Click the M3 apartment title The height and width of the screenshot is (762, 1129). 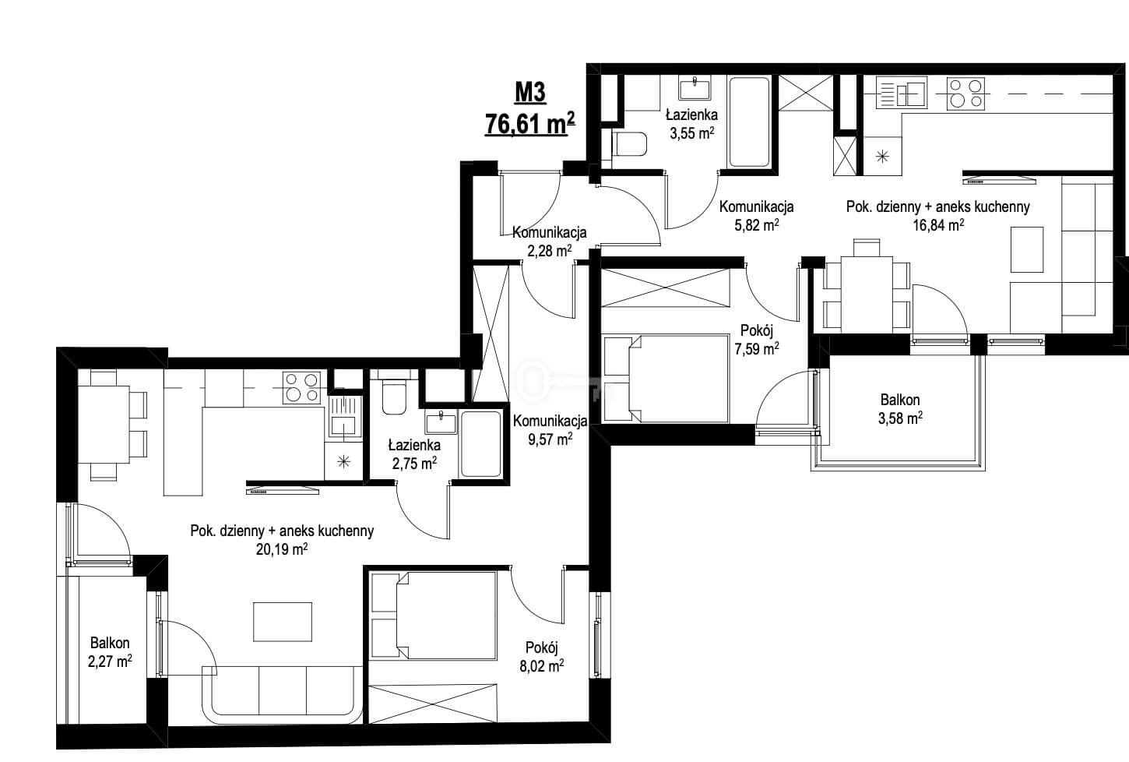tap(530, 92)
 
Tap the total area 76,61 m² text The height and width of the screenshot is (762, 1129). tap(529, 123)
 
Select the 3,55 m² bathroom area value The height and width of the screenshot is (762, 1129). tap(691, 133)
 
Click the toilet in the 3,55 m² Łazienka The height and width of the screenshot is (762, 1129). tap(629, 144)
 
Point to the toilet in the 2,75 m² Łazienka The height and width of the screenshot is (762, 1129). tap(394, 395)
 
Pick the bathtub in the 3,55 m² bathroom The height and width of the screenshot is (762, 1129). tap(749, 122)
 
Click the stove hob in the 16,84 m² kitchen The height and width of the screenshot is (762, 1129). tap(965, 93)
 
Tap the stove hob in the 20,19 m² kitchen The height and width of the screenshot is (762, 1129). tap(301, 388)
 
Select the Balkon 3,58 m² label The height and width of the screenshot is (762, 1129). tap(900, 409)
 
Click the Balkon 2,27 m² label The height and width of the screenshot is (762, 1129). tap(110, 652)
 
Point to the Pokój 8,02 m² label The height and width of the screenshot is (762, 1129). tap(542, 657)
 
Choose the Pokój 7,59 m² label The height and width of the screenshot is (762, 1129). tap(757, 340)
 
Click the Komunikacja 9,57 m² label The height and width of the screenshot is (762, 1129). tap(550, 430)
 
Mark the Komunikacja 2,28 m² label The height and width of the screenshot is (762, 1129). tap(550, 242)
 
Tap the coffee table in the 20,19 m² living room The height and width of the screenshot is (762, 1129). tap(282, 622)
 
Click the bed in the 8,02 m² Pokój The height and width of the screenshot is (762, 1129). tap(434, 616)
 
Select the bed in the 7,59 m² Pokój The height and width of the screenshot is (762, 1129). tap(666, 378)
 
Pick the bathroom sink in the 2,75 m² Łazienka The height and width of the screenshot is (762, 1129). tap(441, 422)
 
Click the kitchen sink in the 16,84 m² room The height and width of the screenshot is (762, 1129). tap(902, 93)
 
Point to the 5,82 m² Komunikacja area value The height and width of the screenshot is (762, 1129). tap(757, 225)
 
